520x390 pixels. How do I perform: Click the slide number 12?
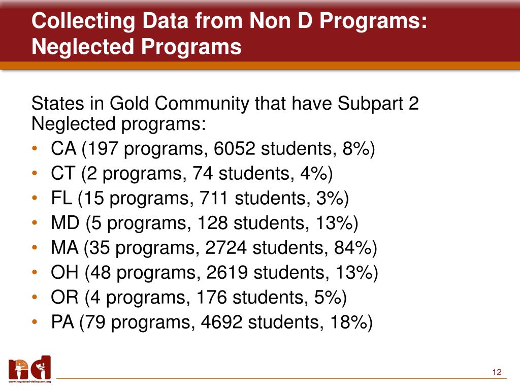tap(497, 373)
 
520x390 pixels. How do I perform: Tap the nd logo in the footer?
tap(29, 368)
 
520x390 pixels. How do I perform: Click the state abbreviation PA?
tap(63, 322)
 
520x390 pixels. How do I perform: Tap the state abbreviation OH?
tap(65, 273)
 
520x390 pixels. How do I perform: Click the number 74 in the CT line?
tap(202, 174)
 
